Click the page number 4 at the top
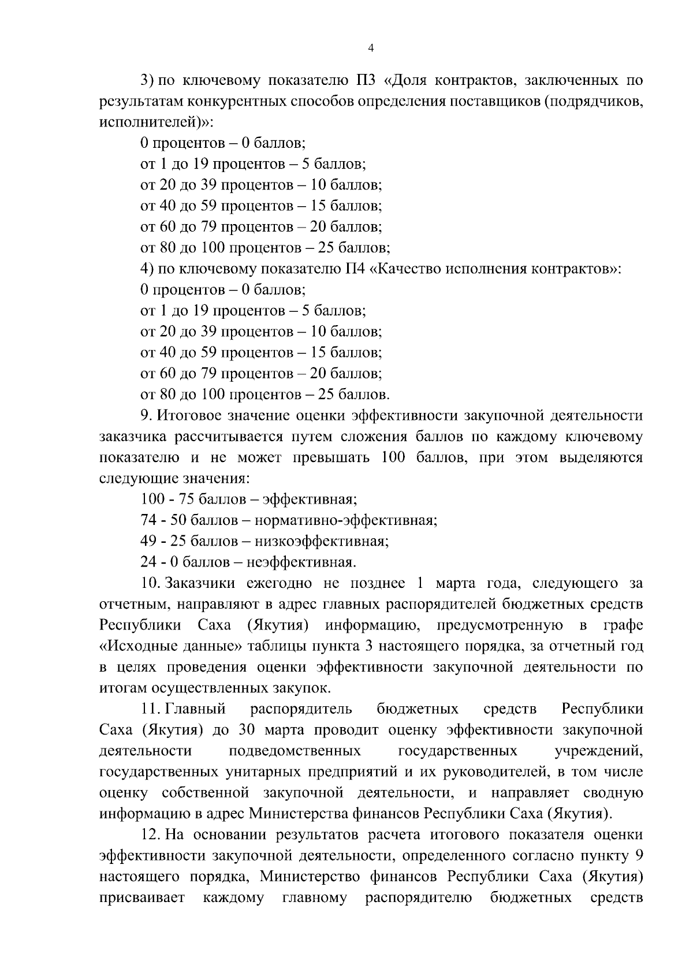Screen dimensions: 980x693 coord(371,49)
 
